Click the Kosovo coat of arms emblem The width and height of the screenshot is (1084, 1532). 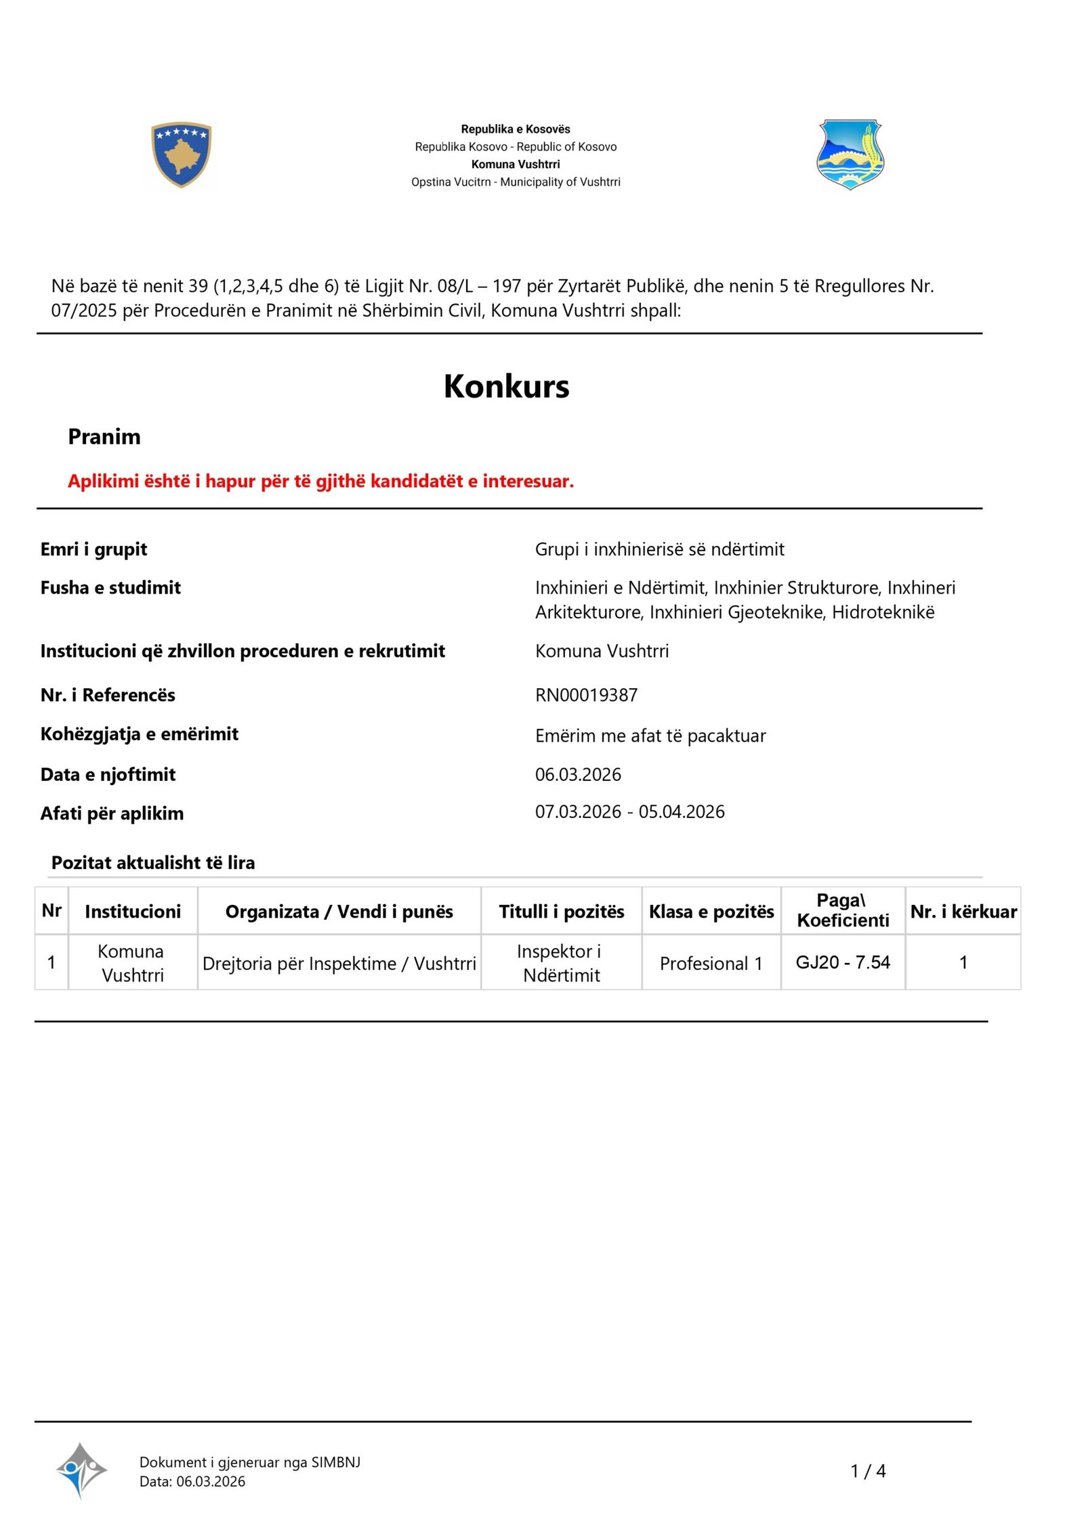[181, 154]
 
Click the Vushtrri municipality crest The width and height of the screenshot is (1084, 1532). [850, 154]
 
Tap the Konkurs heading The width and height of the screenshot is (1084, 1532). [506, 386]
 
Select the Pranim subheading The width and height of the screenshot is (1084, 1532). [104, 437]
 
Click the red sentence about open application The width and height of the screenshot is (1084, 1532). [320, 481]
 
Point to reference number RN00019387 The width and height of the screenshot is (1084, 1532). [586, 695]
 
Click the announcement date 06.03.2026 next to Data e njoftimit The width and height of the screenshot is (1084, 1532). [578, 774]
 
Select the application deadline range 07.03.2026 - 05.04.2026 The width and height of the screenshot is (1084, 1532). [629, 811]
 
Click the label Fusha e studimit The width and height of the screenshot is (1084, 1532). [110, 587]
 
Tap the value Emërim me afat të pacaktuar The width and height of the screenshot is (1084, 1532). [650, 736]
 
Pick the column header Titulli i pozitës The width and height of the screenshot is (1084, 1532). [561, 912]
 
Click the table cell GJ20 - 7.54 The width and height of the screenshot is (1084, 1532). [842, 962]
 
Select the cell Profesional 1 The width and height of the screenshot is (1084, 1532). [711, 963]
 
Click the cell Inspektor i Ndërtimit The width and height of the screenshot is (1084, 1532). [561, 963]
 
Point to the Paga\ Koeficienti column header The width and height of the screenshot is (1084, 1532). [842, 910]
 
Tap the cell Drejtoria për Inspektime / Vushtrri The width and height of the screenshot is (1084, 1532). [339, 963]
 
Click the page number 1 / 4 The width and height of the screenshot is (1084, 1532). [868, 1471]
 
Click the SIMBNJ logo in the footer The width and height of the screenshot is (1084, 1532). [81, 1470]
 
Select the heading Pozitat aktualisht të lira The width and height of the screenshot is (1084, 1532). [153, 863]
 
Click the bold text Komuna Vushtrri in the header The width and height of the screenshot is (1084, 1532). [516, 164]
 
